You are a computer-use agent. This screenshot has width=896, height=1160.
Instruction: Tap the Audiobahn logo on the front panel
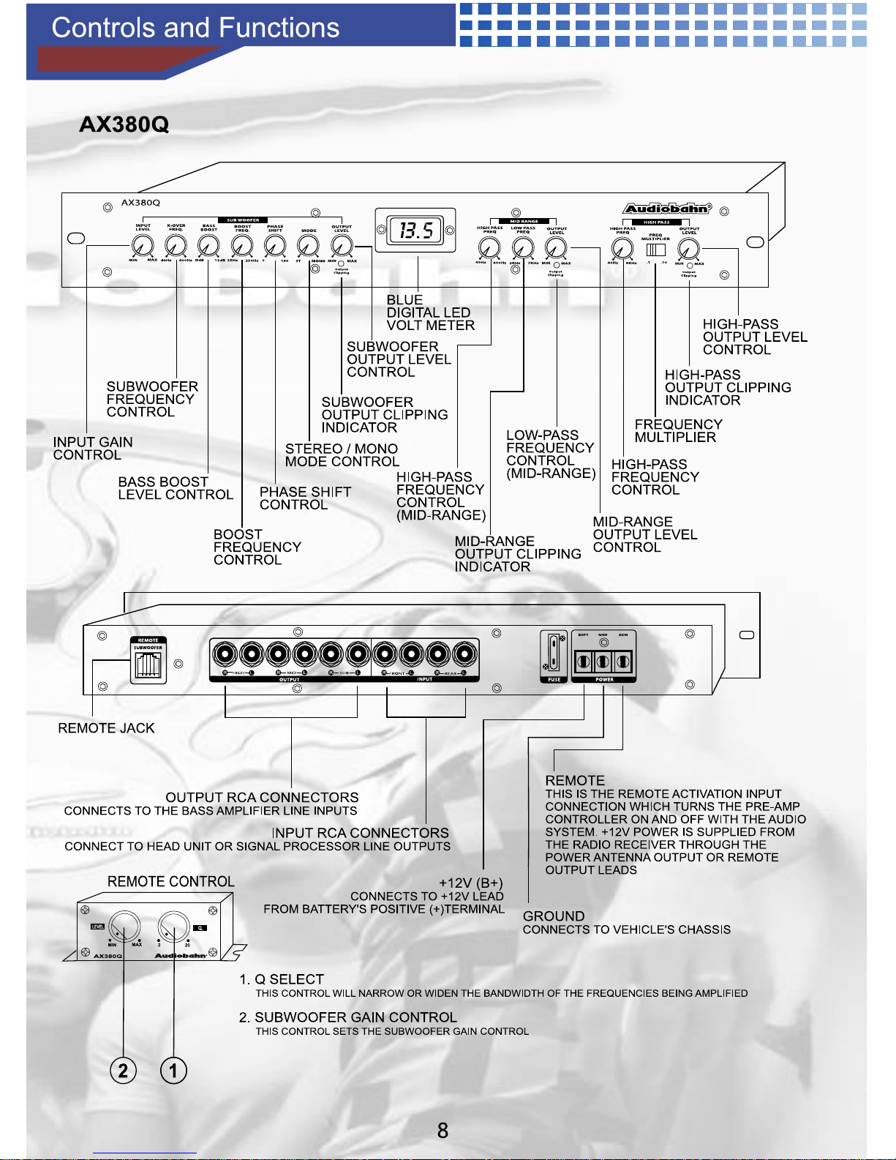click(x=666, y=209)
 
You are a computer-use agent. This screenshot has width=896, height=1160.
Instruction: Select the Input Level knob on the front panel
click(x=143, y=246)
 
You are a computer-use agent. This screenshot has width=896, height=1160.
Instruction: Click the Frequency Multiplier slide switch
click(x=656, y=250)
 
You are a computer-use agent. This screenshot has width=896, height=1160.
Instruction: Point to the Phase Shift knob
click(x=275, y=246)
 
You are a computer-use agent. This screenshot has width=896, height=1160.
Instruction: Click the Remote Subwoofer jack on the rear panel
click(x=148, y=665)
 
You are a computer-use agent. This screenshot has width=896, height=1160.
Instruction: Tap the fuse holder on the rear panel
click(x=554, y=652)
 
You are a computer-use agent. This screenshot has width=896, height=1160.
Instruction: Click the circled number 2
click(x=123, y=1071)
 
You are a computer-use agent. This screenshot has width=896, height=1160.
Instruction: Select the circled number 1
click(x=173, y=1071)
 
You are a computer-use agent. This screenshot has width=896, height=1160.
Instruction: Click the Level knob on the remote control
click(x=124, y=929)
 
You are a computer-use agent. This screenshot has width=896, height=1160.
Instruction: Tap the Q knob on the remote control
click(x=173, y=929)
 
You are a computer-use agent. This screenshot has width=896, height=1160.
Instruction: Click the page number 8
click(x=443, y=1131)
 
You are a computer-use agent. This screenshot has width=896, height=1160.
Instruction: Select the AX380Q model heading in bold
click(x=124, y=124)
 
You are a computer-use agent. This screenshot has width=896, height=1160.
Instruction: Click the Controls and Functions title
click(x=195, y=28)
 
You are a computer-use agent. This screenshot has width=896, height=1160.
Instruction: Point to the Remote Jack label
click(x=106, y=728)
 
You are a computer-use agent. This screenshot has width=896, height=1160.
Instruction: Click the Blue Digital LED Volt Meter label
click(x=430, y=313)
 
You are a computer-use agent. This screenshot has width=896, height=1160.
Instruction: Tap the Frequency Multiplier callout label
click(x=678, y=431)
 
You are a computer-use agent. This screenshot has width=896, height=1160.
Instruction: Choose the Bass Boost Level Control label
click(x=176, y=488)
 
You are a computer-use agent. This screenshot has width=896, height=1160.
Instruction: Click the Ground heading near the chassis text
click(x=554, y=916)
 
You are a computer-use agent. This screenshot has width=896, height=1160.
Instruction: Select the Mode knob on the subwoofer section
click(x=309, y=246)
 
